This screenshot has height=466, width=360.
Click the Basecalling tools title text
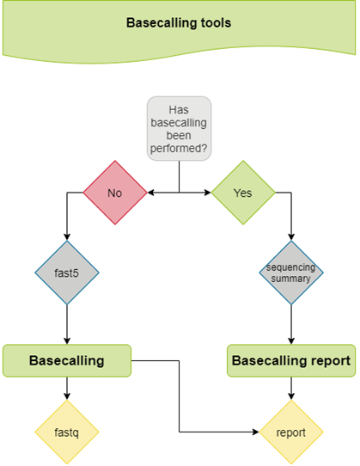click(178, 23)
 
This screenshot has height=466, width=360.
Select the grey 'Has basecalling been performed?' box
click(179, 128)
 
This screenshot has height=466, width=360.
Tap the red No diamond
click(115, 193)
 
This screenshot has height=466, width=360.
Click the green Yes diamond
click(243, 193)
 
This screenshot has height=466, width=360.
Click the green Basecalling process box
click(67, 360)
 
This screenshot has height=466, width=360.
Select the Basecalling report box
click(291, 361)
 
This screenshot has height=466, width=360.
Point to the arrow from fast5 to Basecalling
click(67, 327)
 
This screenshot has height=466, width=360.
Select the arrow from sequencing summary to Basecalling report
click(292, 327)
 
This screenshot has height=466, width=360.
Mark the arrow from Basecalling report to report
click(292, 389)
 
